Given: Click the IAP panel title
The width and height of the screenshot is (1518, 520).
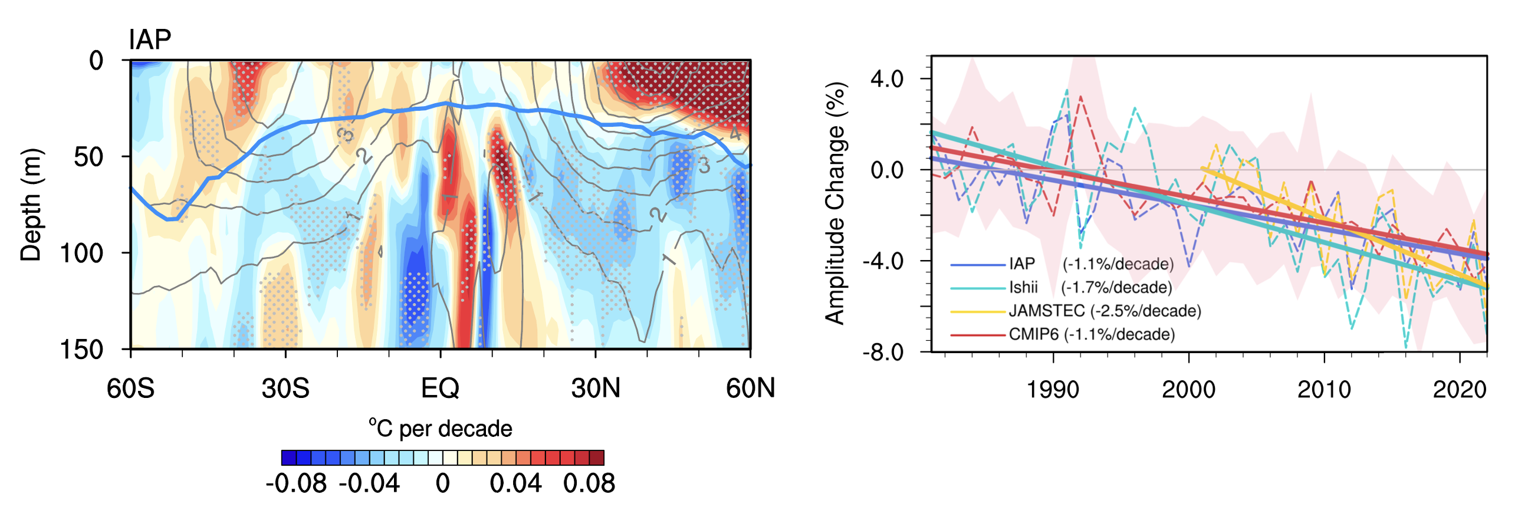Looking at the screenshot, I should click(x=150, y=40).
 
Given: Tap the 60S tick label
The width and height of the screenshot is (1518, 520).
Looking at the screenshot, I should click(x=130, y=389).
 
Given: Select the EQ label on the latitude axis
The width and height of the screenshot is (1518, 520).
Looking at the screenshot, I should click(x=440, y=389).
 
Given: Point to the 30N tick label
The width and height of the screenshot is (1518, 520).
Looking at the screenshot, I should click(x=596, y=389).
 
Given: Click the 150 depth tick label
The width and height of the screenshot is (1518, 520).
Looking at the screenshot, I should click(x=81, y=350).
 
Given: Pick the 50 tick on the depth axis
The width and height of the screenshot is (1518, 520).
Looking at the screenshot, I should click(x=88, y=157).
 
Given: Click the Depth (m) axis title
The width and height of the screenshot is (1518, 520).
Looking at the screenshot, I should click(x=31, y=205).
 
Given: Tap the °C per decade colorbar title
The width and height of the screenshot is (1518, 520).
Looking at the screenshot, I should click(x=441, y=429).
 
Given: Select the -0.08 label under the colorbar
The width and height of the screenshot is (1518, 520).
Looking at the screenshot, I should click(x=296, y=483).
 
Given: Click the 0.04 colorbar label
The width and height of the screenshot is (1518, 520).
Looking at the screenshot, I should click(x=515, y=483).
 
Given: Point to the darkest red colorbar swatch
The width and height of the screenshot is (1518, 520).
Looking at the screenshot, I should click(x=597, y=458).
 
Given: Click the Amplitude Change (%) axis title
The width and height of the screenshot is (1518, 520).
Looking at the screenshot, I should click(x=836, y=203).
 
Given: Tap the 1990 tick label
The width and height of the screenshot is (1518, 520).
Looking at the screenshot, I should click(x=1053, y=390).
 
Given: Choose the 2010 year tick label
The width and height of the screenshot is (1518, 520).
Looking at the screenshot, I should click(x=1324, y=390).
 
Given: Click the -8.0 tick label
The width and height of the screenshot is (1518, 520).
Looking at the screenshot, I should click(x=883, y=353).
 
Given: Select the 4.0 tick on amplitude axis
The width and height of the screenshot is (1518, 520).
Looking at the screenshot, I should click(x=887, y=78).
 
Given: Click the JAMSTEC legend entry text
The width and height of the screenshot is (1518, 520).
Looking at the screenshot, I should click(x=1047, y=311).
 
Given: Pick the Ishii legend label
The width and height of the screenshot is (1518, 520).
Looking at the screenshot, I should click(x=1023, y=287).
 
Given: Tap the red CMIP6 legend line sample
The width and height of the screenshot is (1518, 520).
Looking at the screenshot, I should click(x=977, y=335).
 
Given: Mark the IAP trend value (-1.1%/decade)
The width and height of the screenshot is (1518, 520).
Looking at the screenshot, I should click(x=1118, y=264).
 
